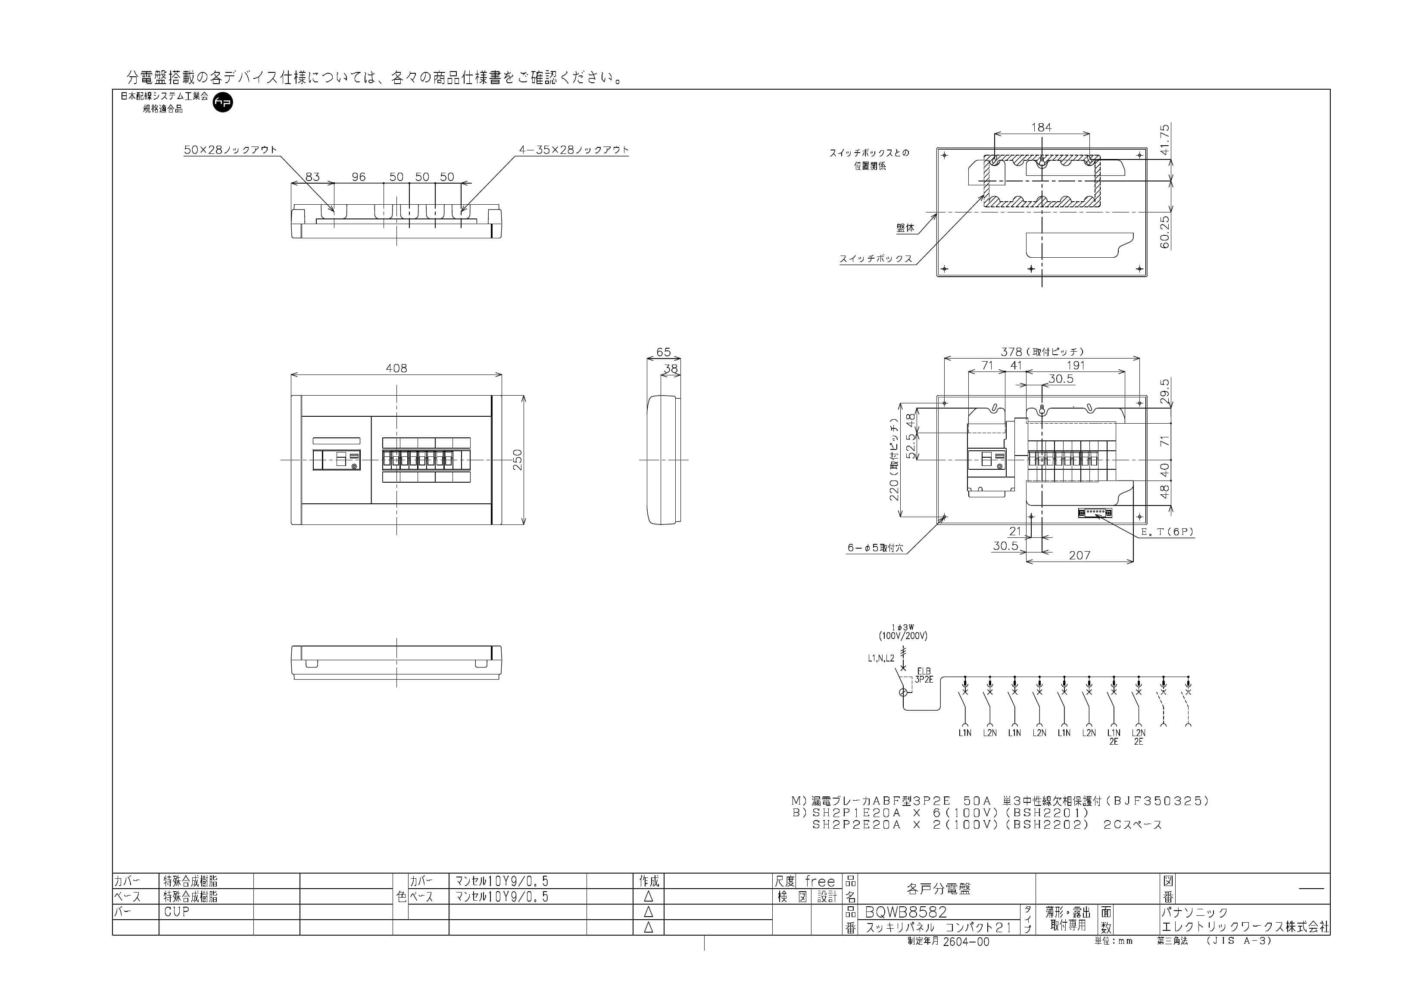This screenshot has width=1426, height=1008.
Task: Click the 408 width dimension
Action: (x=396, y=368)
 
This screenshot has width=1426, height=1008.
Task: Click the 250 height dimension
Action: (x=518, y=459)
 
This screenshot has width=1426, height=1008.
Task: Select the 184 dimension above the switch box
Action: (x=1042, y=127)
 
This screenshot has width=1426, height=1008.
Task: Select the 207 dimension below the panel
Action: (x=1080, y=555)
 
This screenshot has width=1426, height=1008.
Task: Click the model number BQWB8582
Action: (x=906, y=912)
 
